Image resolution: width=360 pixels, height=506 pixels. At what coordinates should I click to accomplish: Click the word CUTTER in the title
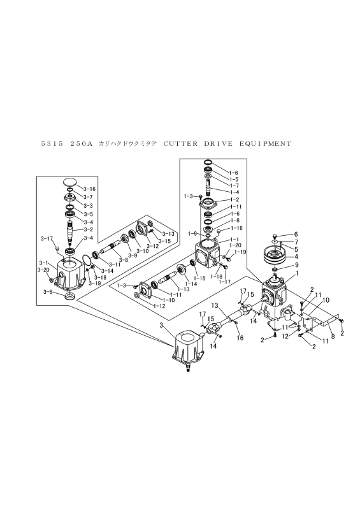pyautogui.click(x=180, y=144)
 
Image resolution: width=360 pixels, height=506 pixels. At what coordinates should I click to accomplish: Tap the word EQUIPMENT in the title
pyautogui.click(x=265, y=144)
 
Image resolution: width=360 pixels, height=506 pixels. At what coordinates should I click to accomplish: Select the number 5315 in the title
pyautogui.click(x=52, y=144)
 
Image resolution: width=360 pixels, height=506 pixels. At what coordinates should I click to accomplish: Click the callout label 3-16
pyautogui.click(x=89, y=189)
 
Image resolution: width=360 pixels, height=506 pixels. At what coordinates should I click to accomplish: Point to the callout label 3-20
pyautogui.click(x=43, y=270)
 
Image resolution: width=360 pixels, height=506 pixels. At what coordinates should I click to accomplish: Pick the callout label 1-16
pyautogui.click(x=236, y=228)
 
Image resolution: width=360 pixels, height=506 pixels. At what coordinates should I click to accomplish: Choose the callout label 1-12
pyautogui.click(x=159, y=306)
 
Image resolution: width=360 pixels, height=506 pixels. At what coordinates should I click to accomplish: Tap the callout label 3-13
pyautogui.click(x=168, y=234)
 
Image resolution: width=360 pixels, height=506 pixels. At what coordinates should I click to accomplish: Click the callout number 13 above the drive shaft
pyautogui.click(x=215, y=305)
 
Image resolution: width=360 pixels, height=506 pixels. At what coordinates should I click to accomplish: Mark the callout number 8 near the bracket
pyautogui.click(x=333, y=336)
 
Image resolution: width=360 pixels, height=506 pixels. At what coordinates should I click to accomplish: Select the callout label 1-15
pyautogui.click(x=200, y=278)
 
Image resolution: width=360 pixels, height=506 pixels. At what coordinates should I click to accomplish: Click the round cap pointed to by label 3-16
pyautogui.click(x=70, y=182)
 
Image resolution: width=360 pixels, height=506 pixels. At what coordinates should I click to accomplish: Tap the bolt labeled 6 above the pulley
pyautogui.click(x=275, y=236)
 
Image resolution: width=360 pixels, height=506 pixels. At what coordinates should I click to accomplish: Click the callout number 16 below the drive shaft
pyautogui.click(x=240, y=338)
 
